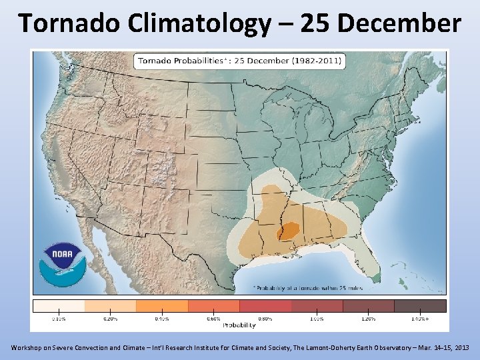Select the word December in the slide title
coord(399,23)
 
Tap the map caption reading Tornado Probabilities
coord(179,61)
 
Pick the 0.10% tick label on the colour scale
coord(59,319)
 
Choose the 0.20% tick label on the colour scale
coord(110,319)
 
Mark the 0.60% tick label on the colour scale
coord(213,319)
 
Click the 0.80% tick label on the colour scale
coord(265,319)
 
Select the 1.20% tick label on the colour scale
coord(369,319)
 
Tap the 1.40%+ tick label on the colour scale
coord(420,319)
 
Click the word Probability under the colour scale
coord(239,325)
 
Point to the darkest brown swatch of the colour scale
coord(420,305)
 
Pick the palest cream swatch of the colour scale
coord(59,305)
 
